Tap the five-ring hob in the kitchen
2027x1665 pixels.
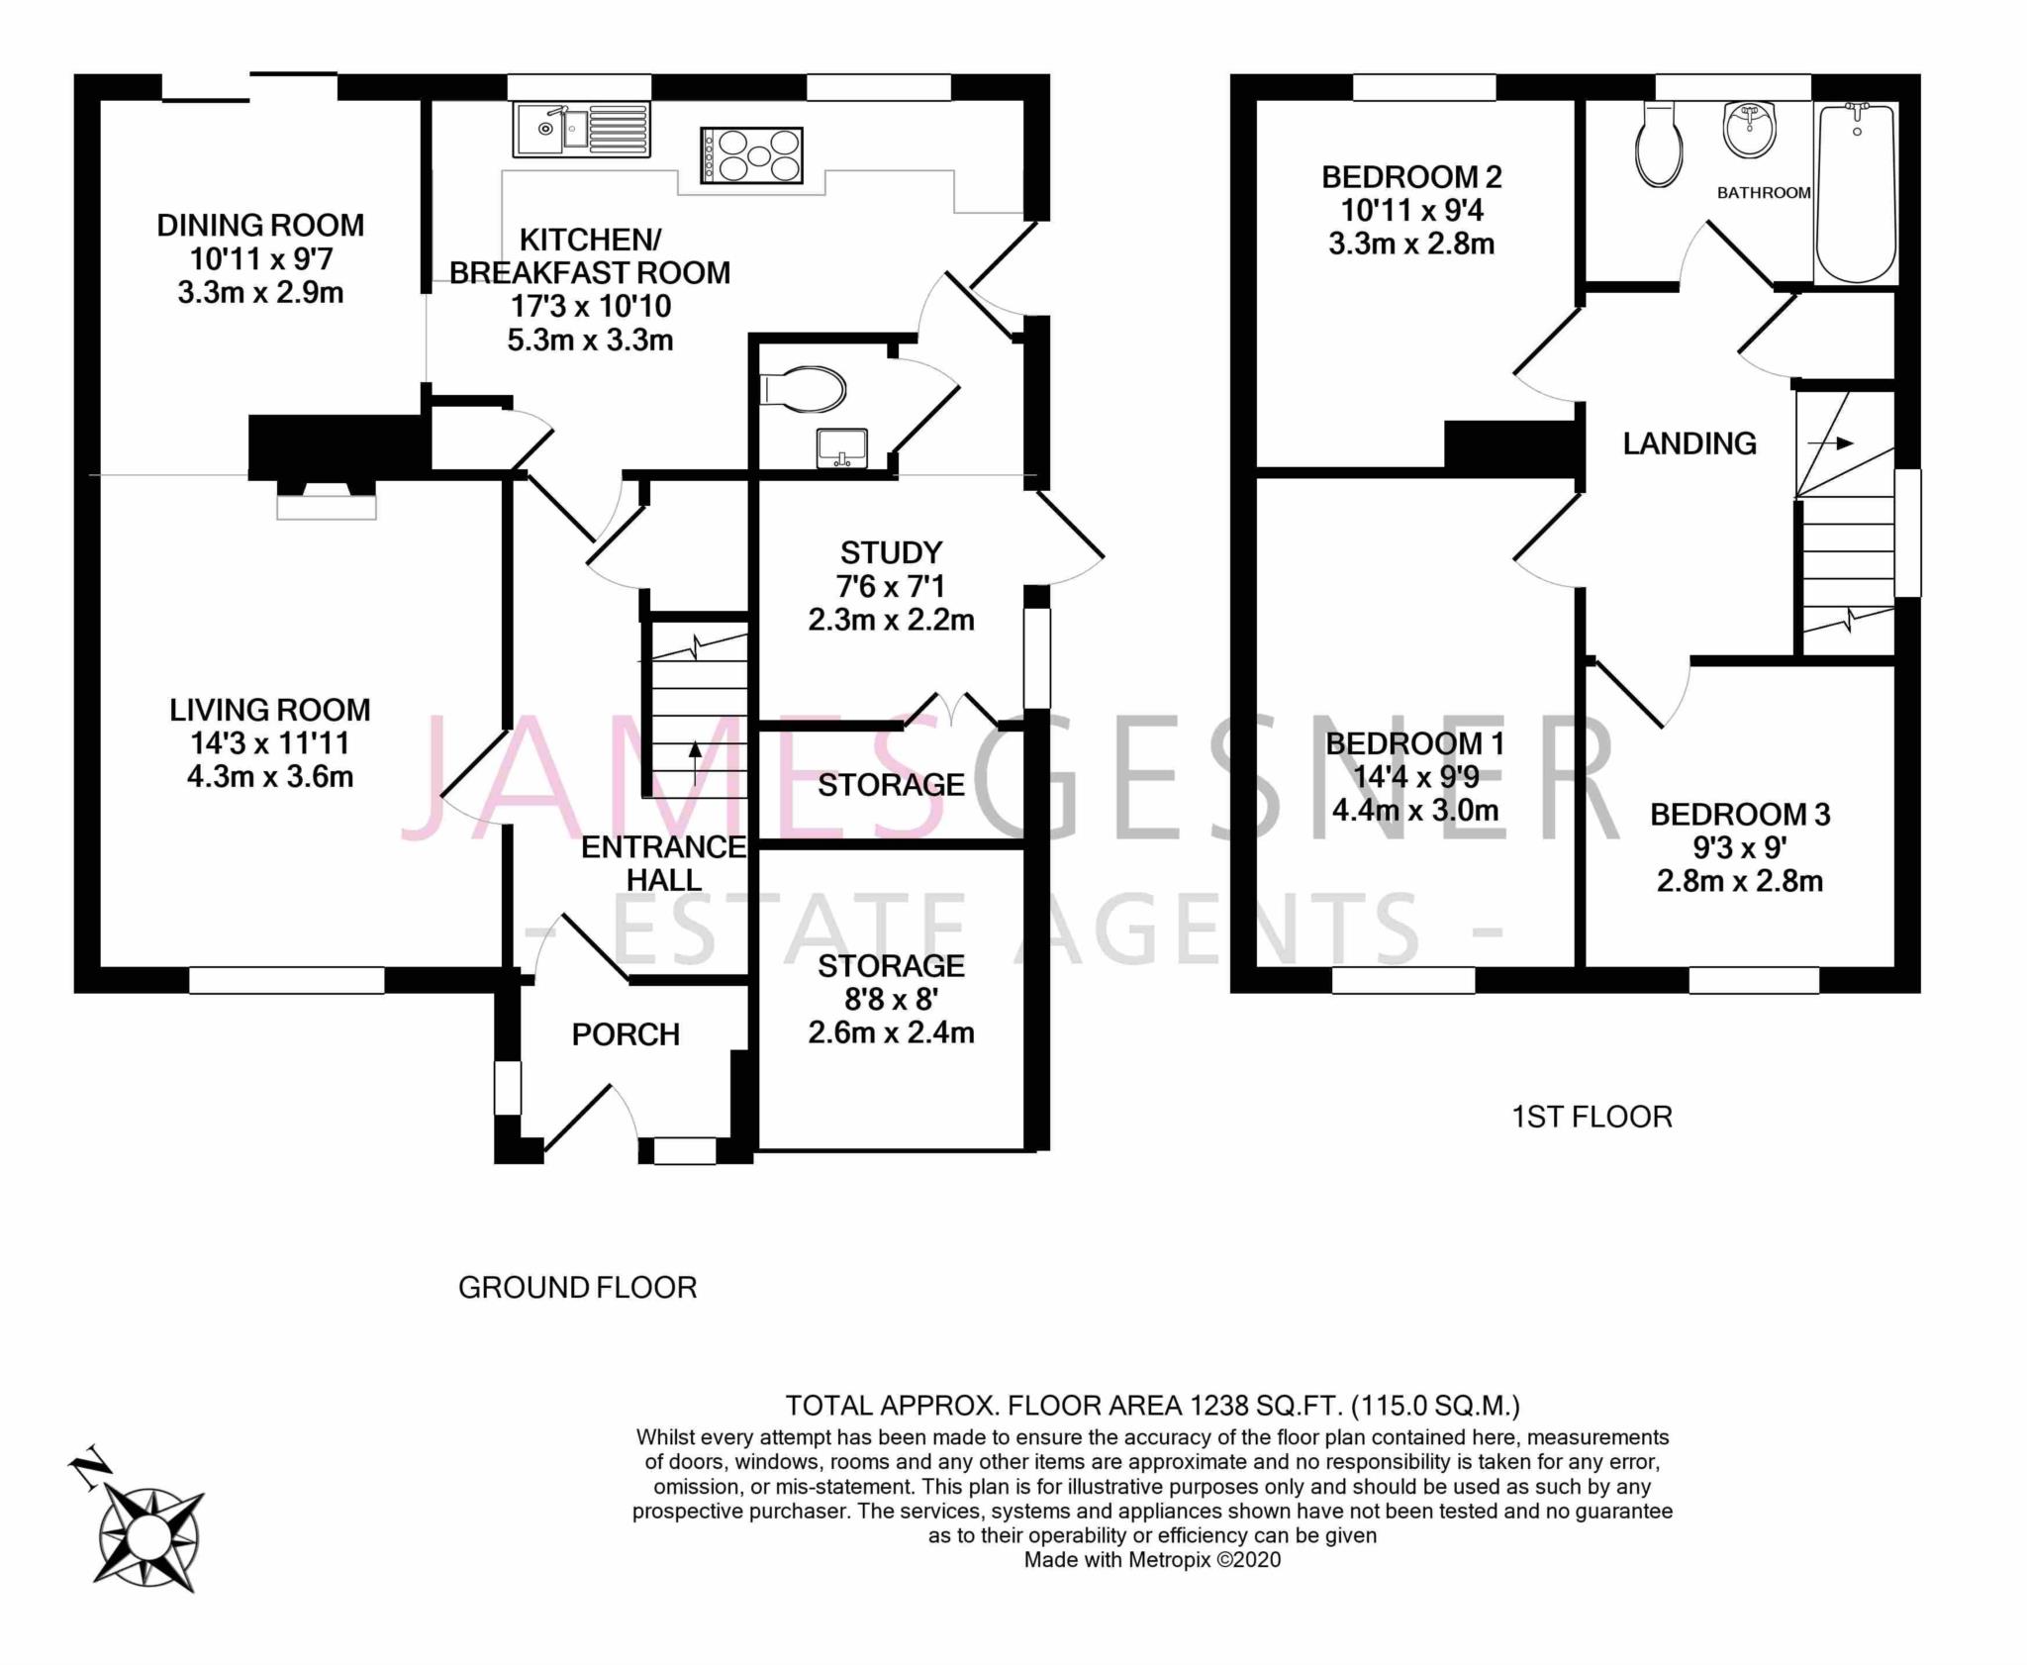(751, 155)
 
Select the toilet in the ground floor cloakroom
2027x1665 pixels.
(803, 389)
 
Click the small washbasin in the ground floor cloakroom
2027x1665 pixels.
(842, 447)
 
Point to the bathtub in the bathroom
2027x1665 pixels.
(1856, 193)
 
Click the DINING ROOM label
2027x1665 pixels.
(260, 226)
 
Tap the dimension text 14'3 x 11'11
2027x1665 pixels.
(269, 743)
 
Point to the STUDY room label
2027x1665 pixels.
(891, 552)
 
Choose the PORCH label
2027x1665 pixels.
(626, 1034)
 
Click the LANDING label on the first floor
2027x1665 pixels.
(1689, 443)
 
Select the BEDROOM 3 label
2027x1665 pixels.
(1740, 815)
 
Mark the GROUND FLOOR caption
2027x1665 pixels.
(578, 1287)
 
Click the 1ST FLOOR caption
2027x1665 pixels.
(1592, 1117)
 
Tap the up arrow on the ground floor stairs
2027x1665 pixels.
(695, 763)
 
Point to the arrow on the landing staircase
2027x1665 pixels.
(1831, 443)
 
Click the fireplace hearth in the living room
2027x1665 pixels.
(326, 506)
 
